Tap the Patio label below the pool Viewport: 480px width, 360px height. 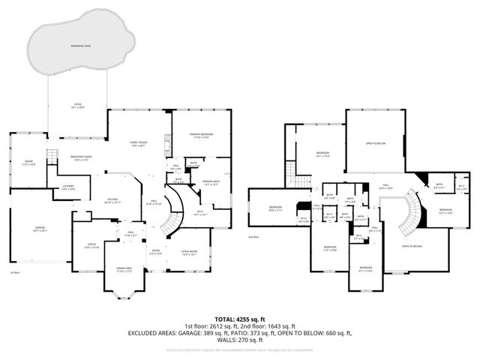click(x=77, y=105)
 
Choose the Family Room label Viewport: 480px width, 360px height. click(x=138, y=144)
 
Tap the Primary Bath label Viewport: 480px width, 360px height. click(x=211, y=182)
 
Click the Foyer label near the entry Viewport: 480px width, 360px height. click(x=156, y=252)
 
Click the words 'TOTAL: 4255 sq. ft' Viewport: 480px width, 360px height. click(x=240, y=319)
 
